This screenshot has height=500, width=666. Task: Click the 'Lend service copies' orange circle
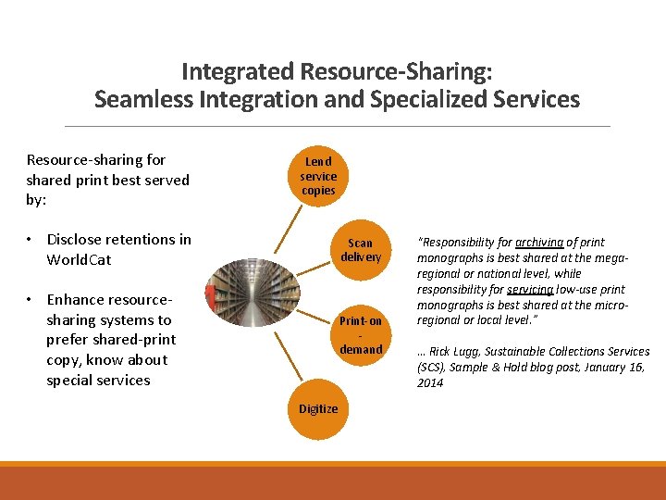[318, 176]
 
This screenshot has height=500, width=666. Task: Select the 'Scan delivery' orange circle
[361, 250]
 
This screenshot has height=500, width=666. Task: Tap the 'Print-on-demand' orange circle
[361, 335]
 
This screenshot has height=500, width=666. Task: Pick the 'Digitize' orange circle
[318, 408]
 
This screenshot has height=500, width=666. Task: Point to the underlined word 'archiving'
[540, 243]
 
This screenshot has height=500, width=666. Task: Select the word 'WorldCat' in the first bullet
[79, 260]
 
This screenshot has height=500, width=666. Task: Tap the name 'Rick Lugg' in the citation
[455, 352]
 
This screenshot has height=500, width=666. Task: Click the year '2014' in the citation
[430, 383]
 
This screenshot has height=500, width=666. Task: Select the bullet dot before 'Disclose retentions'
[31, 240]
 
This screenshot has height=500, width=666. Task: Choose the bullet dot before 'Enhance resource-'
[31, 300]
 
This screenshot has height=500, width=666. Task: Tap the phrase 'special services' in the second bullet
[98, 381]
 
